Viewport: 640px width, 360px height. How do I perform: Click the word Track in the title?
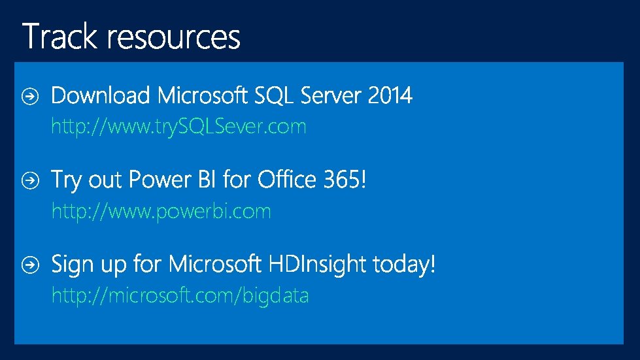tap(62, 37)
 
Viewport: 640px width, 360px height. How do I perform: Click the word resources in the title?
tap(175, 38)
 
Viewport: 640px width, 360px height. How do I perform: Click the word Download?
tap(101, 96)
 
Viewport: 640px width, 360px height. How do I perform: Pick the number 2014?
tap(390, 96)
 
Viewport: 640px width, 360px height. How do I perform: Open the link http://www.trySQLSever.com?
tap(178, 126)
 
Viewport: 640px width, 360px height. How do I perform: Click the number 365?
tap(346, 179)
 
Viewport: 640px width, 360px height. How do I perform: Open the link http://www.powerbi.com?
tap(161, 211)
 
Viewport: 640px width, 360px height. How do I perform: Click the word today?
tap(403, 265)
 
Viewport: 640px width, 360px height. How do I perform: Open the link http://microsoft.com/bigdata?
tap(180, 296)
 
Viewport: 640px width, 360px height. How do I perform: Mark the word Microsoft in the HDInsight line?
tap(214, 265)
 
